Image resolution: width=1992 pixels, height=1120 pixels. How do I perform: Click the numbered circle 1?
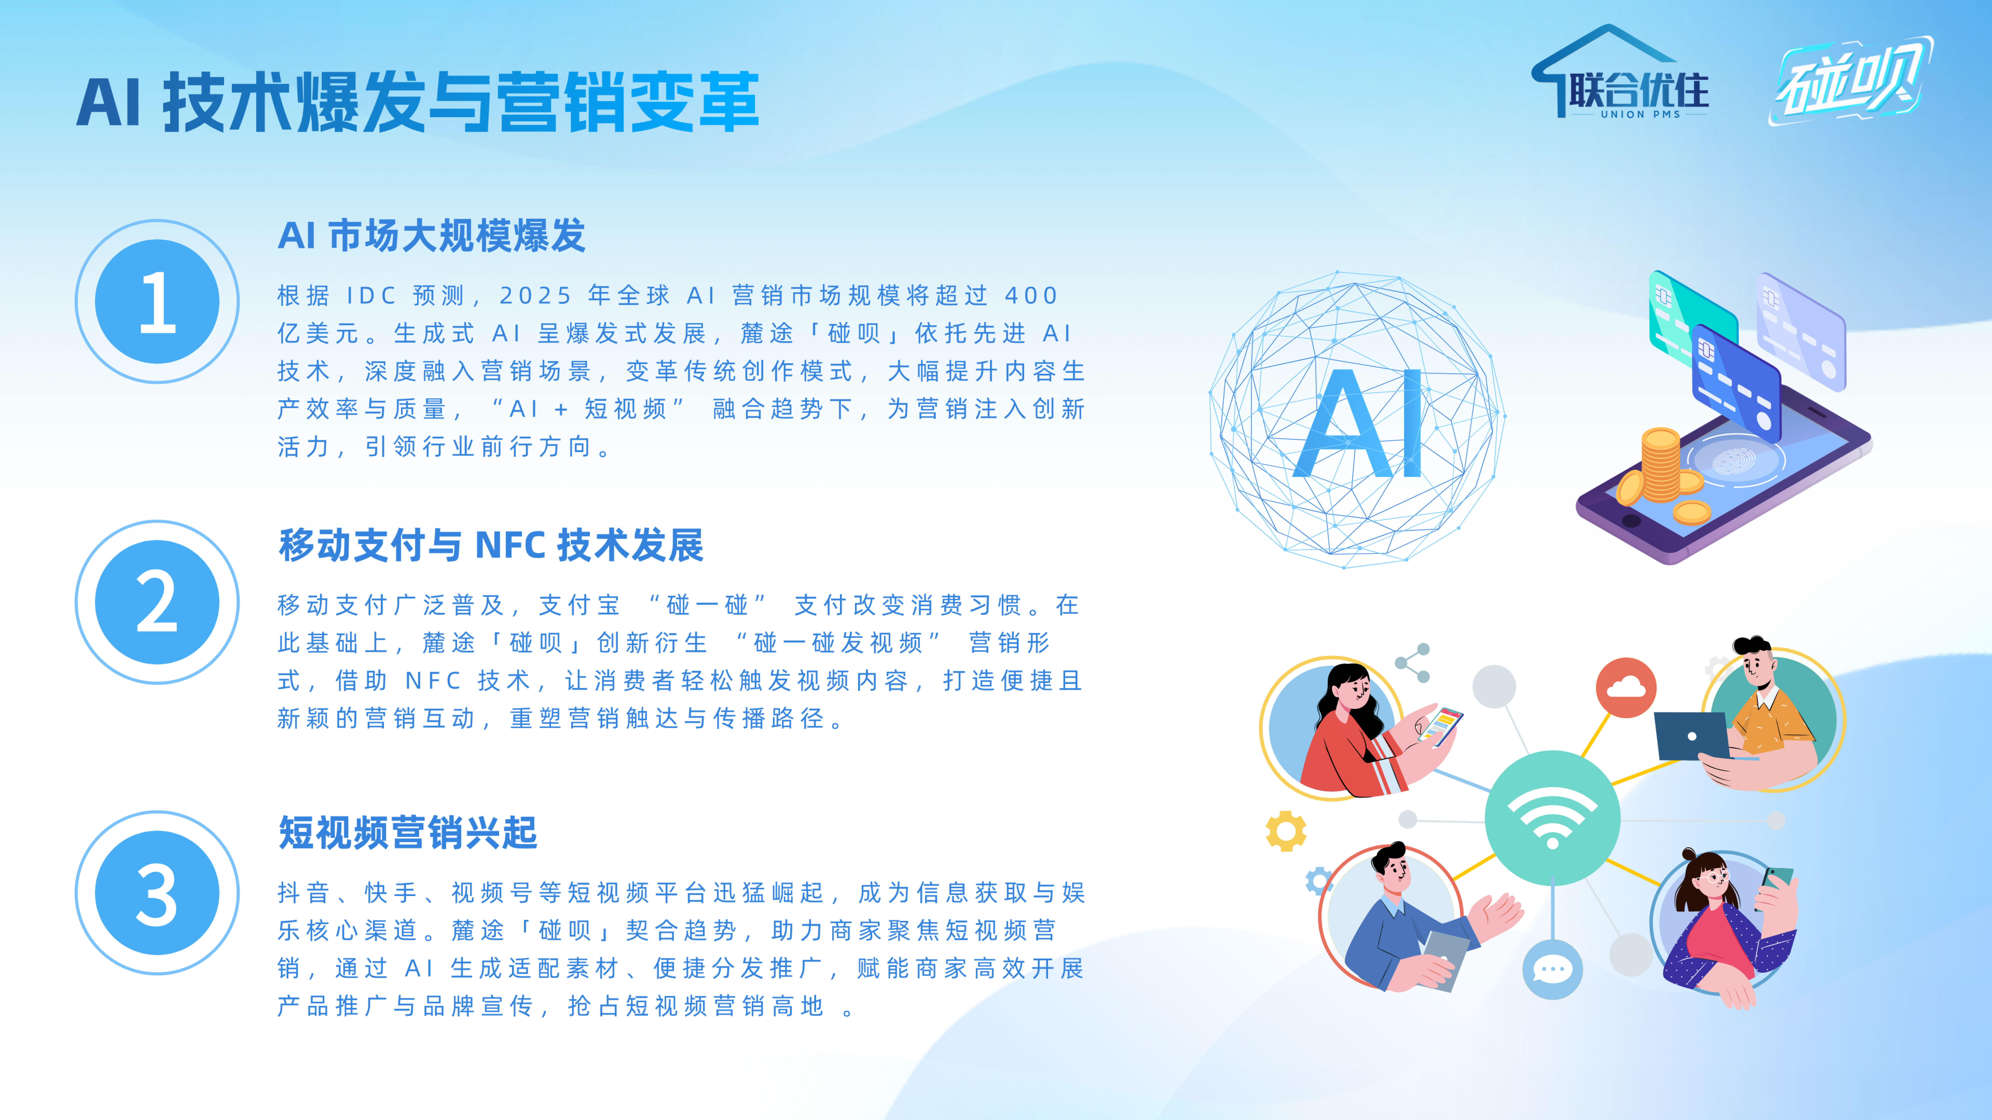(157, 301)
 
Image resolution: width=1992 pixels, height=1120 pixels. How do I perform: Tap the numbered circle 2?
(157, 602)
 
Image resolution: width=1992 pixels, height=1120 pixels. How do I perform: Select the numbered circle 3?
(157, 893)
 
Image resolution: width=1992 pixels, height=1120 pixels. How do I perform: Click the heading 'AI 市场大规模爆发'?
(432, 236)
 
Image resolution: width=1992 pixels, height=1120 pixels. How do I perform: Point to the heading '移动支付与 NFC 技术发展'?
(491, 545)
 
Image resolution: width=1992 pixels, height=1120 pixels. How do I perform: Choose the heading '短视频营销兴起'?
(408, 833)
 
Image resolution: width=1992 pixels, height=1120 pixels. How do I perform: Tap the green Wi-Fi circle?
(1552, 818)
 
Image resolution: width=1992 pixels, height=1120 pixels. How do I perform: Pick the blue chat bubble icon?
(1552, 969)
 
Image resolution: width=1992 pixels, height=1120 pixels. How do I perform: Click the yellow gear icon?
(1286, 831)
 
